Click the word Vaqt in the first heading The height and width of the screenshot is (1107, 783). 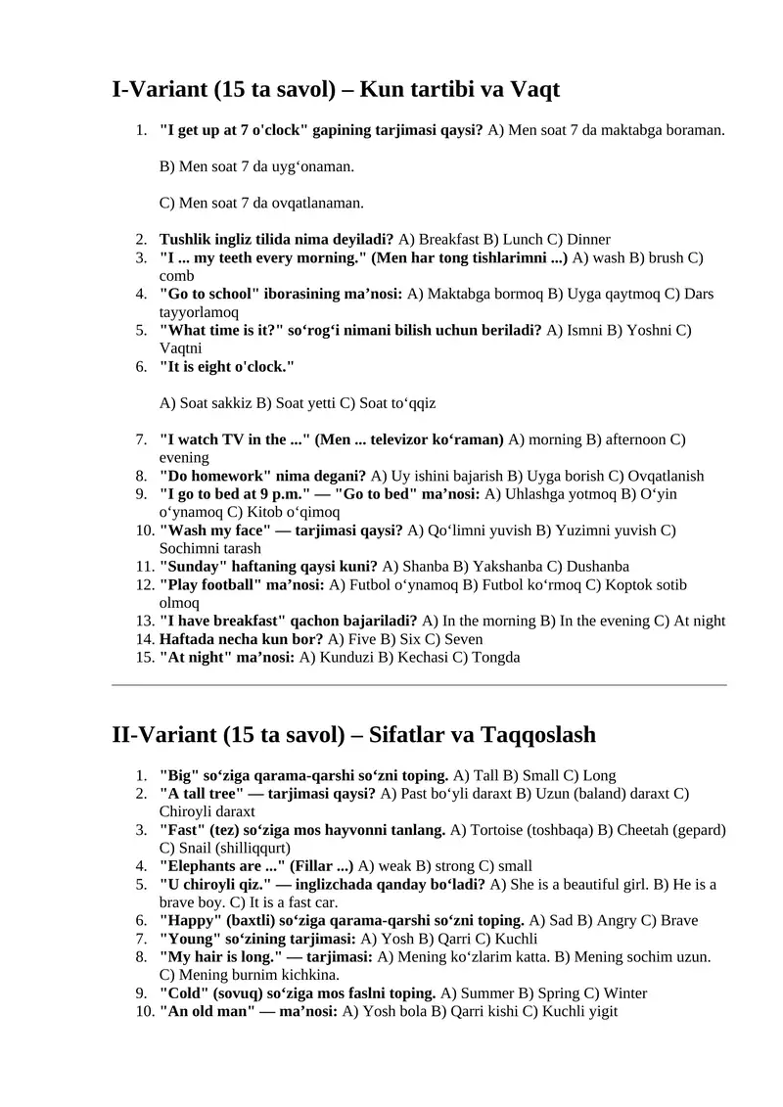[532, 91]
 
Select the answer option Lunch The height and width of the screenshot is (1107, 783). [523, 239]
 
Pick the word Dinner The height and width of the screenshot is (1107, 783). [588, 239]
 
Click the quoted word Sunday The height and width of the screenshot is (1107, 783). [193, 567]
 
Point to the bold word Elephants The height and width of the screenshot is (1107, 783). [198, 866]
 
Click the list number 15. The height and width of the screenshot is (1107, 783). [143, 658]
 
